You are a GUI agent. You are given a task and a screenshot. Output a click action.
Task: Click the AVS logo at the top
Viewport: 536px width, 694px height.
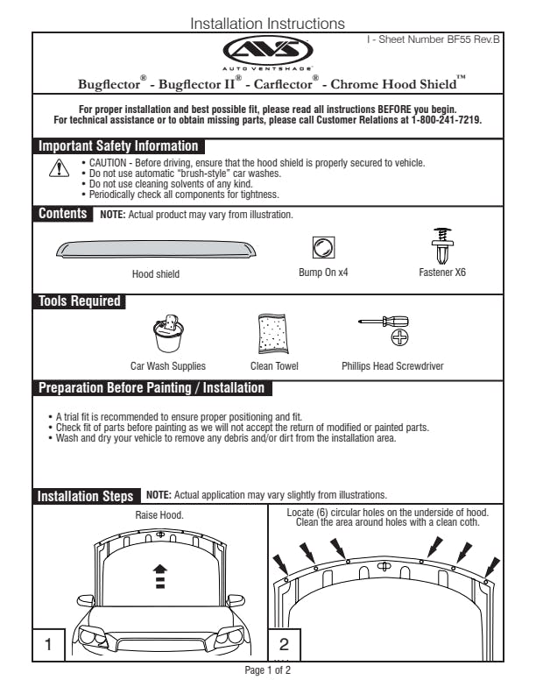coord(267,50)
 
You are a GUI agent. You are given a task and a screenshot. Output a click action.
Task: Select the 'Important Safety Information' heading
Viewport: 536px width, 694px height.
coord(118,146)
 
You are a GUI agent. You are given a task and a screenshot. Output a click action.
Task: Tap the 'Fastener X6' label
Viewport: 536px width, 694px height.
coord(441,273)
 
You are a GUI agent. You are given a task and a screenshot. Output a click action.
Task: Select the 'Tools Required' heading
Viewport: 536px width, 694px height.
coord(79,301)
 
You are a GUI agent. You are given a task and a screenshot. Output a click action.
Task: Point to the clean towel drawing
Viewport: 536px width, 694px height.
coord(273,334)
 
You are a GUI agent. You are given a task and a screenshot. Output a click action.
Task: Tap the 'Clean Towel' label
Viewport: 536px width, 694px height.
coord(274,366)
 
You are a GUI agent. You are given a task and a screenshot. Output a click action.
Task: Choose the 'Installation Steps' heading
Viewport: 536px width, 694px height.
coord(86,496)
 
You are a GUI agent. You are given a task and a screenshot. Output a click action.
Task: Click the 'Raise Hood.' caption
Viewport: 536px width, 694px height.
coord(159,516)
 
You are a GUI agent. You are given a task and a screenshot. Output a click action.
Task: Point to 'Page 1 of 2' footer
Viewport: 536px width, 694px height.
coord(267,670)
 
